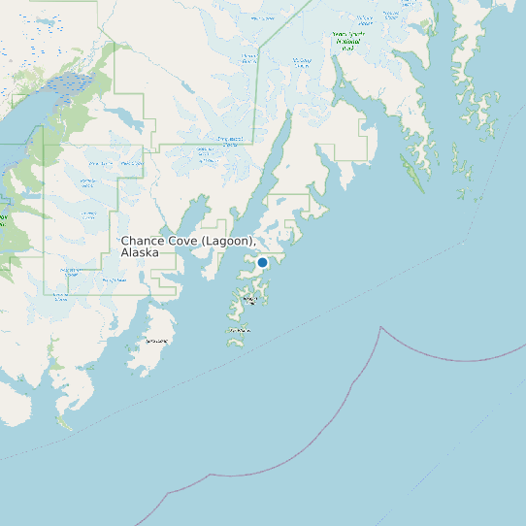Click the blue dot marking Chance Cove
(262, 262)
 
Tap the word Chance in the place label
(143, 240)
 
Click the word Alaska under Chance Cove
(140, 252)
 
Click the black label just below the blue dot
(249, 300)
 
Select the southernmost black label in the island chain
(238, 331)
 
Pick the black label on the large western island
(156, 342)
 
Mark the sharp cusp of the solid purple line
(380, 328)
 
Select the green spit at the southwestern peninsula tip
(63, 422)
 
